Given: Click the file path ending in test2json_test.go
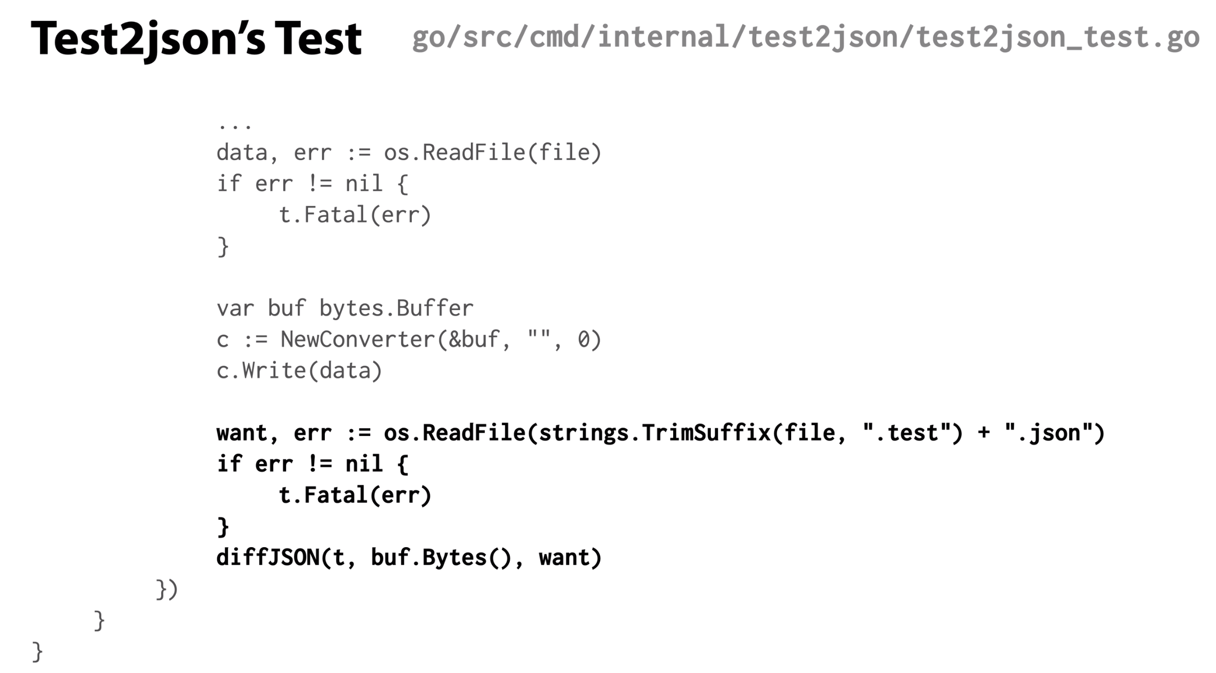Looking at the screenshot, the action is (x=806, y=37).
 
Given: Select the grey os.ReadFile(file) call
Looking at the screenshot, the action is (x=493, y=153).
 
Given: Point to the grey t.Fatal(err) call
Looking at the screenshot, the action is (x=355, y=215).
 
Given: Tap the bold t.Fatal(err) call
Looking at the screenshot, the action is (x=355, y=495).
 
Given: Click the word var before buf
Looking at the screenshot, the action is (x=235, y=308).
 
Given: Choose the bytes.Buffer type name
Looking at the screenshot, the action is (x=397, y=308).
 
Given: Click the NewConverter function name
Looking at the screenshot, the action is (x=358, y=340).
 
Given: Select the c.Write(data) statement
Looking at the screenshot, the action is (x=300, y=371).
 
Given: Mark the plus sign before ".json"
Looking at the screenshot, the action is (x=983, y=434).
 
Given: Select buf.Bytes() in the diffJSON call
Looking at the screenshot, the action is (x=440, y=558).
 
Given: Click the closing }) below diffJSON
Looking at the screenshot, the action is (x=167, y=589).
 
